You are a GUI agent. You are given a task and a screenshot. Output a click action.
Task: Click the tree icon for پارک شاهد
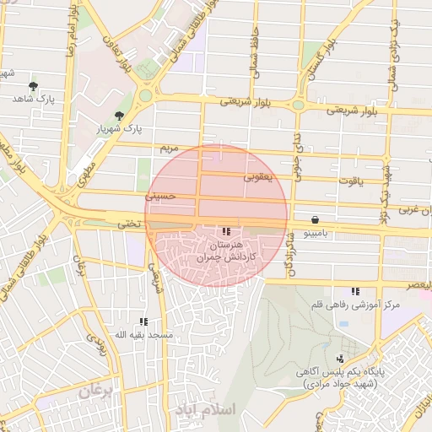click(33, 86)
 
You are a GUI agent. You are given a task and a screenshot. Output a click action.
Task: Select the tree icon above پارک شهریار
click(119, 116)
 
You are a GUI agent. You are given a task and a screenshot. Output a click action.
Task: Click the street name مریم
click(170, 148)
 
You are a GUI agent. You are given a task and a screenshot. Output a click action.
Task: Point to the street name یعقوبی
click(259, 177)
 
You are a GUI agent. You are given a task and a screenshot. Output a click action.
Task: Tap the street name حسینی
click(159, 195)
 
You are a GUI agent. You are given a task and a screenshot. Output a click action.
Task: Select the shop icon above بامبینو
click(315, 218)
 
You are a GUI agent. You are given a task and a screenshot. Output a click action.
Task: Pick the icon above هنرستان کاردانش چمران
click(225, 230)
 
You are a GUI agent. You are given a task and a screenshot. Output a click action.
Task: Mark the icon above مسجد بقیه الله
click(144, 321)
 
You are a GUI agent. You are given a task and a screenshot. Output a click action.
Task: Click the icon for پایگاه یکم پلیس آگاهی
click(340, 359)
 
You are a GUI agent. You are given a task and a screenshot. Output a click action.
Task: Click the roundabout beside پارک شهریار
click(146, 95)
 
